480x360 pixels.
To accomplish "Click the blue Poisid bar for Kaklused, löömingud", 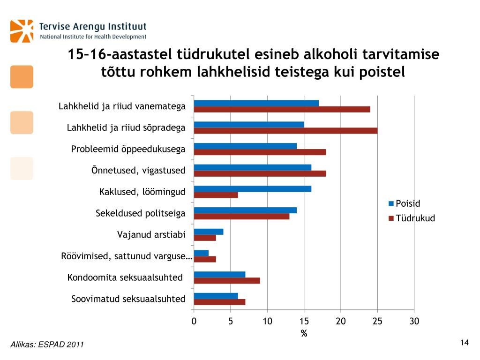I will tap(252, 189).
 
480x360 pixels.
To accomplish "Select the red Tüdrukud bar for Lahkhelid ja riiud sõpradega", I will tap(285, 131).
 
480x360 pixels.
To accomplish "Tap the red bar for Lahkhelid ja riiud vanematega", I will tap(282, 109).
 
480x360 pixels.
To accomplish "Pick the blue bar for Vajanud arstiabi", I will tap(208, 232).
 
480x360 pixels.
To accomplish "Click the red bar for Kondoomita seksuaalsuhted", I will tap(226, 280).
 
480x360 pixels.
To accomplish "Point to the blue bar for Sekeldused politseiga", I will tap(245, 210).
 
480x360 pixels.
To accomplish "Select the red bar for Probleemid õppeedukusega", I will tap(260, 152).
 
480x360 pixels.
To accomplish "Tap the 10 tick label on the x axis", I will tap(267, 321).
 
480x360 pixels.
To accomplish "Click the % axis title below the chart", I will tap(304, 333).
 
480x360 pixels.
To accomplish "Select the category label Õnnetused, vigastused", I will tap(138, 170).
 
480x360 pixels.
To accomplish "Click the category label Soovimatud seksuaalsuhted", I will tap(128, 299).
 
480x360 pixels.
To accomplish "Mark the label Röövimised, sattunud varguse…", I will tap(127, 256).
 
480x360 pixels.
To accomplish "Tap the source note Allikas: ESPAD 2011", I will tap(47, 345).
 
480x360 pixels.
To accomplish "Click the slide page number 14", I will tap(464, 343).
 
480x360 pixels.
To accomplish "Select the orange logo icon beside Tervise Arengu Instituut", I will tap(22, 31).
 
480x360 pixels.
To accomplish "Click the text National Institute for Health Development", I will tap(93, 37).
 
